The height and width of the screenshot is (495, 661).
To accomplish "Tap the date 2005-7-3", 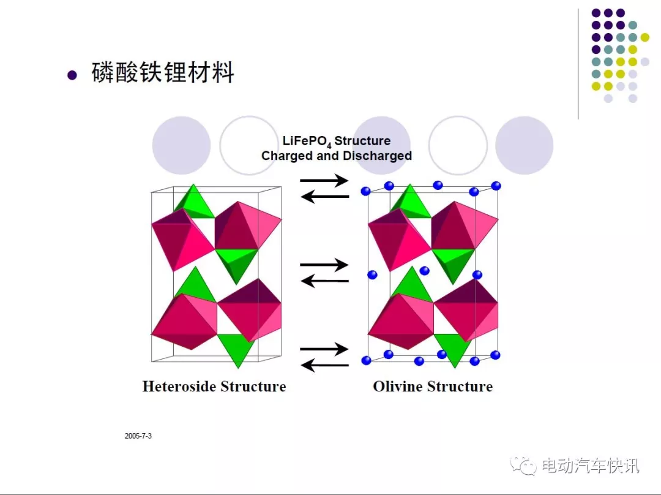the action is pos(138,436).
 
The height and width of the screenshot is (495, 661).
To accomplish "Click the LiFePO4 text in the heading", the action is pos(307,142).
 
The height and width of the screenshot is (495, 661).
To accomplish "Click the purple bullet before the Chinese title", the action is pos(72,75).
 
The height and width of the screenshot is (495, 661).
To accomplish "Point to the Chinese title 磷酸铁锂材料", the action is pos(163,72).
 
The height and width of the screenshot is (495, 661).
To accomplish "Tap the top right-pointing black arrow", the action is pos(324,181).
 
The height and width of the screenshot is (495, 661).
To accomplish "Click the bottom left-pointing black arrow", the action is pos(325,365).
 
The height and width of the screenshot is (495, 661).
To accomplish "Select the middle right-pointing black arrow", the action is pos(324,265).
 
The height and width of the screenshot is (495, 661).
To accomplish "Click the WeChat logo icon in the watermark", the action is pos(523,466).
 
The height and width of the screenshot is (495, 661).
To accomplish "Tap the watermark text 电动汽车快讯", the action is pos(591,466).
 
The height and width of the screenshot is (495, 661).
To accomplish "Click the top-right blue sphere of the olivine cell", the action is pos(496,186).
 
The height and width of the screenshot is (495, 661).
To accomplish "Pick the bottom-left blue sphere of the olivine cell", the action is pos(367,360).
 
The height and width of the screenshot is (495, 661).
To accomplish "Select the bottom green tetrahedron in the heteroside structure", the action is pos(237,349).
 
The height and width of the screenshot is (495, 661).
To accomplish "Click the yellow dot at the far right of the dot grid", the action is pos(644,37).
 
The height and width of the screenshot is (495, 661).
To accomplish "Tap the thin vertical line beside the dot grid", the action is pos(578,64).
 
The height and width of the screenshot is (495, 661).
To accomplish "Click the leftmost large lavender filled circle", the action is pos(181,146).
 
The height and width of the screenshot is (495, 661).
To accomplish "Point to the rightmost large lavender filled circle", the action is pos(524,146).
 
